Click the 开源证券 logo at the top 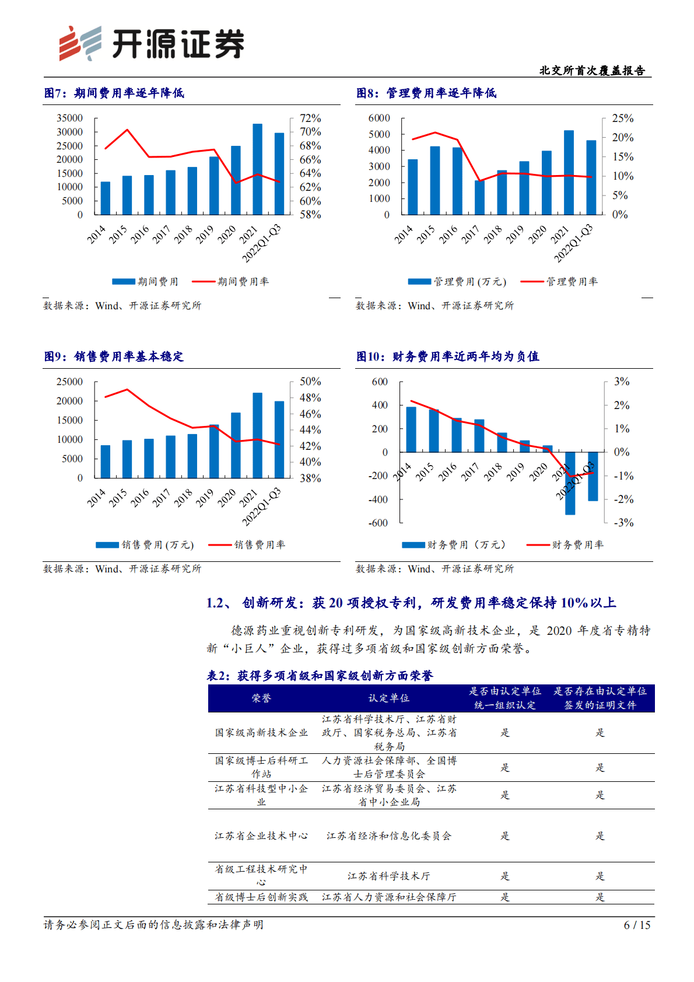point(152,44)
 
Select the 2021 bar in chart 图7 point(257,169)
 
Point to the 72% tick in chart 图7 point(310,118)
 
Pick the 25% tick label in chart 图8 point(622,118)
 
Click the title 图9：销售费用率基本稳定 point(114,357)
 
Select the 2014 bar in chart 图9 point(106,462)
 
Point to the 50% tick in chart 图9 point(310,382)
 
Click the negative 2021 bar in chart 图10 point(570,483)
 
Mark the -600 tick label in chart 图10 point(378,523)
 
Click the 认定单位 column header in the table point(389,698)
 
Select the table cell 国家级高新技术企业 point(261,733)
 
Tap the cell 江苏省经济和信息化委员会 point(389,836)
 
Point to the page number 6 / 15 point(637,925)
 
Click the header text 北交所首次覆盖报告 point(592,71)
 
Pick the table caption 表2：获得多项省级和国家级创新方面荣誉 point(320,676)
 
